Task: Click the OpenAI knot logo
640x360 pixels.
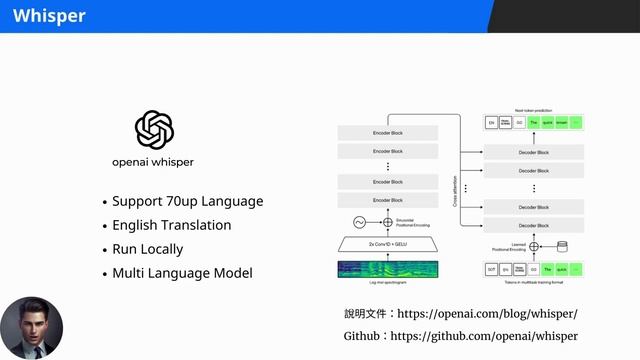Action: (155, 129)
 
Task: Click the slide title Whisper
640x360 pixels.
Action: (49, 16)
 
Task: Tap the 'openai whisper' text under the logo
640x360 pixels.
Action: (153, 162)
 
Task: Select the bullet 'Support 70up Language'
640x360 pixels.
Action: (187, 201)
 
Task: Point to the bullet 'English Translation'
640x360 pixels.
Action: (171, 225)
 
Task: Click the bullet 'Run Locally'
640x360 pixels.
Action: (147, 249)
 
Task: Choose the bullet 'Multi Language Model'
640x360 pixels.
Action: (182, 273)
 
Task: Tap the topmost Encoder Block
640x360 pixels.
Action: (389, 132)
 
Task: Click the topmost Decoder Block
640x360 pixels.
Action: (533, 152)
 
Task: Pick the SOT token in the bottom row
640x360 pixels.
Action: (491, 268)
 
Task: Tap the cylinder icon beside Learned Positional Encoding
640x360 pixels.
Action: (562, 245)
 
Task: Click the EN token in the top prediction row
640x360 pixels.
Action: (491, 123)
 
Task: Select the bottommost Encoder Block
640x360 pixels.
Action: (389, 200)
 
